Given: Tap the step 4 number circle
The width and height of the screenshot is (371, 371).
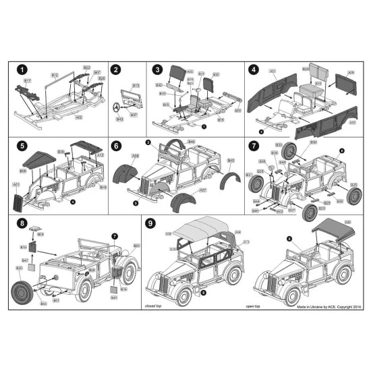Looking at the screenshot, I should [254, 69].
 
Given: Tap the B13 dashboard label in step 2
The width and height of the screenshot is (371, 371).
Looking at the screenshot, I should [136, 86].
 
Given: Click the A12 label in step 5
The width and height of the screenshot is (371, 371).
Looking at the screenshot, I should [100, 155].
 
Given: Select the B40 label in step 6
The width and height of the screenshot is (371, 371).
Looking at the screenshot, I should [231, 160].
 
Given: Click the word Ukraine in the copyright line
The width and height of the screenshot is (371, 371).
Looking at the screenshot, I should [312, 305].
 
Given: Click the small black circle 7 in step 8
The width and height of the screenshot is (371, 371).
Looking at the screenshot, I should [114, 235].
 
